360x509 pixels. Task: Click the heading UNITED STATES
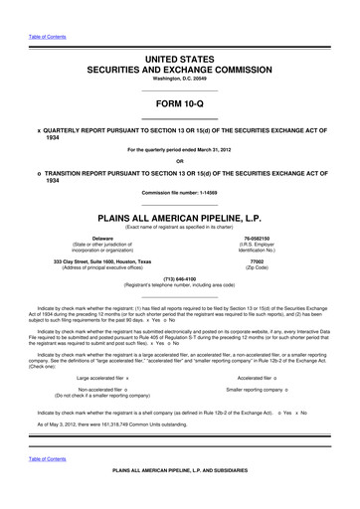coord(180,60)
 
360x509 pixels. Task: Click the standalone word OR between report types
coord(180,161)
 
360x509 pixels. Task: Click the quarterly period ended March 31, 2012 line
coord(180,150)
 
